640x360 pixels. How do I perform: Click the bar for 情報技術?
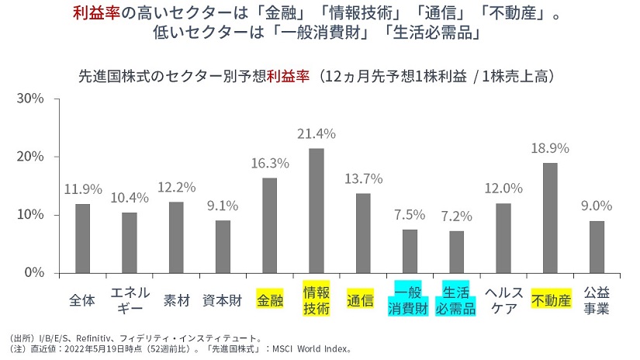[x=317, y=210]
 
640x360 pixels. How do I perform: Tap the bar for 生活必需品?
[x=455, y=251]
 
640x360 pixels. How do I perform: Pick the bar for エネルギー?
[x=130, y=242]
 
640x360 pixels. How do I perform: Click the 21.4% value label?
[x=317, y=133]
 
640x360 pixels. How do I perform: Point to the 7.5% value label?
[x=410, y=214]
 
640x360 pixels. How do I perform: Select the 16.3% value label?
[x=270, y=163]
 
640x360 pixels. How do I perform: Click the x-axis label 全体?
[x=82, y=300]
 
